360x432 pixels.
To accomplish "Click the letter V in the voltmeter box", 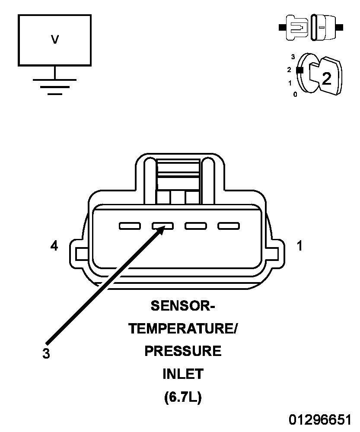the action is click(55, 39).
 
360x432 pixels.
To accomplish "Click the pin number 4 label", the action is click(54, 245).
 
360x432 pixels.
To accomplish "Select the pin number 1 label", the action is click(299, 245).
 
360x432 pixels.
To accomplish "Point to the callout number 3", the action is click(46, 353).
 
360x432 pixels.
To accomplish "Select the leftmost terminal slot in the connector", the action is click(130, 226).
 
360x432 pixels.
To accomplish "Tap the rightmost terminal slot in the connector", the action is click(229, 226).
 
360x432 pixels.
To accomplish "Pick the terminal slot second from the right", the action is click(196, 226).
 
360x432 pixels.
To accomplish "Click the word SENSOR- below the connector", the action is click(183, 306).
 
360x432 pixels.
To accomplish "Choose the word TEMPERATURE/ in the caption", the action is click(183, 329).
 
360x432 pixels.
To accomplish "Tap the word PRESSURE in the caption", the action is click(183, 351).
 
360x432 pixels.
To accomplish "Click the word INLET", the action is click(183, 374).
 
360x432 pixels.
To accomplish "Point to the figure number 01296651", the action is click(320, 420).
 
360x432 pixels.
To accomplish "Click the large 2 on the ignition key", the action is click(327, 78).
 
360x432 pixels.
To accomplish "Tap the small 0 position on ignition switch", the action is click(295, 95).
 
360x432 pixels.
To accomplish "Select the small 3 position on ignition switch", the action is click(293, 57).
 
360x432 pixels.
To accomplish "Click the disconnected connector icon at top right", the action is click(311, 28).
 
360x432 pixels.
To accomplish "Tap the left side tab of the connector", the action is click(79, 254).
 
